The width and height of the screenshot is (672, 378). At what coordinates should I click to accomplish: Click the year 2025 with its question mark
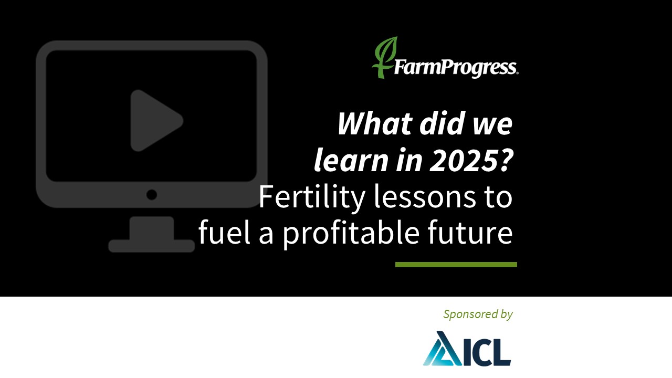471,161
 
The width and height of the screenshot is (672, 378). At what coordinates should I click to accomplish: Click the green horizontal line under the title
456,265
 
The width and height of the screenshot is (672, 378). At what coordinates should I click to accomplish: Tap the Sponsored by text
478,314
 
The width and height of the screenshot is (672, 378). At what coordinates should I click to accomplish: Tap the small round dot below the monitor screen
152,195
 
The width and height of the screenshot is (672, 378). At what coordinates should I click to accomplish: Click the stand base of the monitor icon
152,245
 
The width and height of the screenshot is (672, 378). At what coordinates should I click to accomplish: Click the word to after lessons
498,197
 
